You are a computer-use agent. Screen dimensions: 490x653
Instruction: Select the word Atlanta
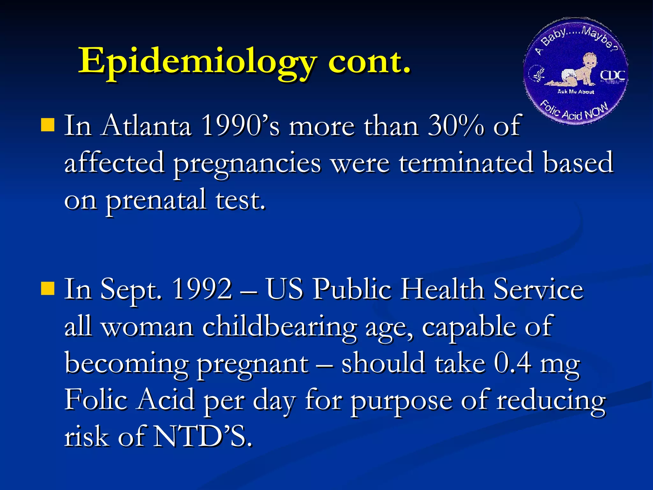(x=146, y=126)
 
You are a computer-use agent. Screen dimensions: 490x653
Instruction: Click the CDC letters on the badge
(x=612, y=75)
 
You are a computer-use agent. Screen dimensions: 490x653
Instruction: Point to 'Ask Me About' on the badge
(x=576, y=92)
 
